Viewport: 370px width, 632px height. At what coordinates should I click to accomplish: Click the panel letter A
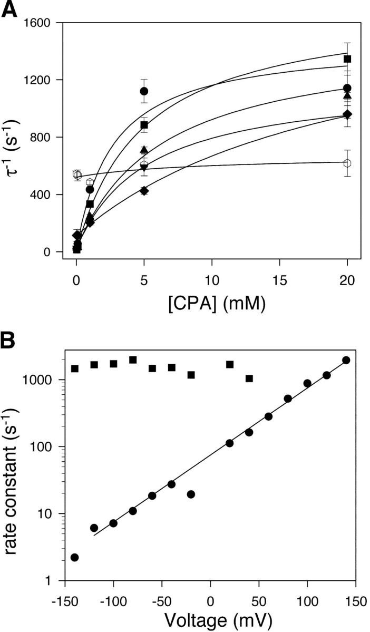tap(11, 9)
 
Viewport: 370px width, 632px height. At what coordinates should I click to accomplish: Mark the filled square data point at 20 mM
tap(347, 59)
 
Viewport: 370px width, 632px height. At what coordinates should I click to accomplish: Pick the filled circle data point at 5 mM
tap(144, 91)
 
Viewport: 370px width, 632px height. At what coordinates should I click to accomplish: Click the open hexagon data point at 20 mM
tap(347, 163)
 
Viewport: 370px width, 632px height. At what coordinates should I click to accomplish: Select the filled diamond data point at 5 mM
tap(144, 191)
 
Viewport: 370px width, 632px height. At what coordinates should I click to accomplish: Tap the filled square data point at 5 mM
tap(144, 125)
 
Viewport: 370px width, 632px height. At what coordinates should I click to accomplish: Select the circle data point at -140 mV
tap(75, 558)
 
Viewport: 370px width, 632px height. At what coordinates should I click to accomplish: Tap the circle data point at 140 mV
tap(346, 360)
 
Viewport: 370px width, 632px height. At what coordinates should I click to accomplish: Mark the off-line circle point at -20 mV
tap(191, 494)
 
